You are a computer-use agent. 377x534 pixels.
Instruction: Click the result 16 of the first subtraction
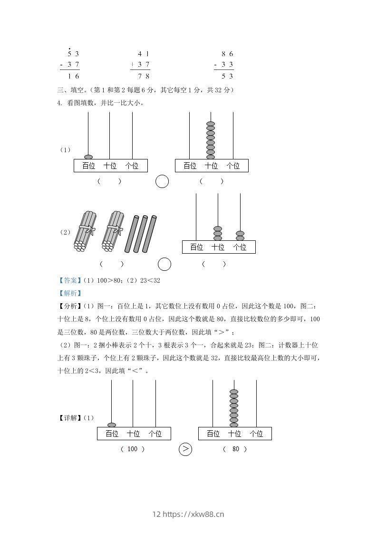tap(73, 76)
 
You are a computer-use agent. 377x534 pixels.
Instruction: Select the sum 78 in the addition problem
tap(143, 76)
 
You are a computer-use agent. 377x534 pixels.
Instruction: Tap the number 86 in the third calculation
tap(227, 54)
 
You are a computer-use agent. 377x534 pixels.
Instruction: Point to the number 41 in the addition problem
tap(143, 54)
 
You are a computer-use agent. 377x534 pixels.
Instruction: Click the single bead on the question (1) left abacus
tap(88, 157)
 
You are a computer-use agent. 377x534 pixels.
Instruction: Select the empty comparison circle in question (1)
tap(162, 181)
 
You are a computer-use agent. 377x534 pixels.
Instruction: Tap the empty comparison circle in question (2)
tap(164, 264)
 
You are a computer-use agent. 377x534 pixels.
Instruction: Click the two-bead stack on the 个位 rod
tap(240, 236)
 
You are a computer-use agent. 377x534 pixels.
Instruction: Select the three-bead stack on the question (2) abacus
tap(218, 233)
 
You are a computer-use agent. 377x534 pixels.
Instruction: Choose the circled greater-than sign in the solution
tap(185, 449)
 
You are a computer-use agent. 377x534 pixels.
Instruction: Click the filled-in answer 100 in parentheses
tap(133, 449)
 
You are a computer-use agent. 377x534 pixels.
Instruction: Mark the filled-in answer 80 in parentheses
tap(235, 449)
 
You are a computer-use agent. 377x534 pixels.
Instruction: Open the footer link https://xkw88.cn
tap(193, 514)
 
